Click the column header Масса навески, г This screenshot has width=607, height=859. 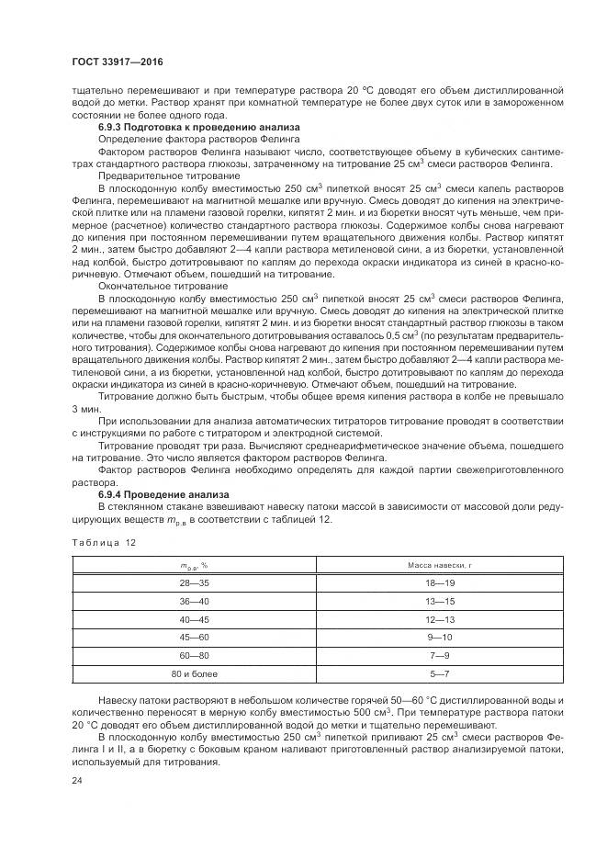click(439, 564)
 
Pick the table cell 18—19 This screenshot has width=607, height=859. click(439, 583)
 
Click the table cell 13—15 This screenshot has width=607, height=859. click(439, 601)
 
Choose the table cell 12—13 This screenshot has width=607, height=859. click(439, 619)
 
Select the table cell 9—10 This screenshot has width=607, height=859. click(439, 637)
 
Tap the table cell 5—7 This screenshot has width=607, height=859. click(439, 673)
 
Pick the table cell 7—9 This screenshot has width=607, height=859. click(439, 655)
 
